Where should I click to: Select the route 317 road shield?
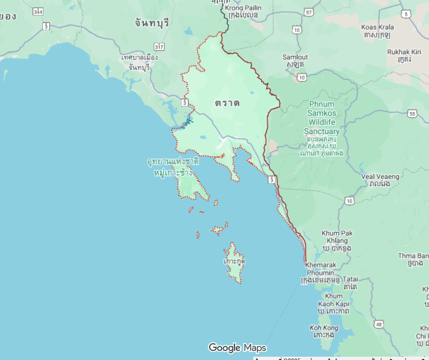(159, 46)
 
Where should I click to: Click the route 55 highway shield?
(412, 114)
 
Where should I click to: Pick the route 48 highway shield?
(379, 324)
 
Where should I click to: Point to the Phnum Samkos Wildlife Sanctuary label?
(322, 118)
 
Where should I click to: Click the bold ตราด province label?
(227, 103)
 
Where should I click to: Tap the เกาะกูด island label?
(234, 261)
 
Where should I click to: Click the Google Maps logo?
(237, 348)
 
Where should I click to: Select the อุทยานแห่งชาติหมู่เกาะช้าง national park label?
(173, 167)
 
